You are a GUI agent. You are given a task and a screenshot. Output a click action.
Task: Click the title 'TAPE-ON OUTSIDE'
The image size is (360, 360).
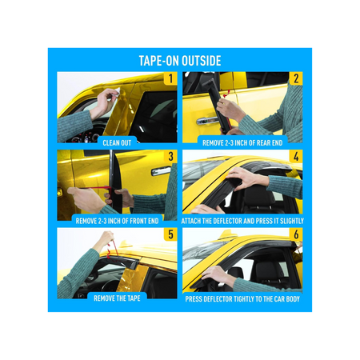pyautogui.click(x=180, y=61)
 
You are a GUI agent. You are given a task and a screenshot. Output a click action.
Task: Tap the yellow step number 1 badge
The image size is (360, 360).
pyautogui.click(x=170, y=78)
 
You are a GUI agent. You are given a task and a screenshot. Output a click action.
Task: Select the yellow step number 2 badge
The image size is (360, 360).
pyautogui.click(x=296, y=78)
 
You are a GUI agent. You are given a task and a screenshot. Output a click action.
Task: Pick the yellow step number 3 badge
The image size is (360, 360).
pyautogui.click(x=170, y=157)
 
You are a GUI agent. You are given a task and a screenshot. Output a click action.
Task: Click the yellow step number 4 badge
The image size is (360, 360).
pyautogui.click(x=296, y=157)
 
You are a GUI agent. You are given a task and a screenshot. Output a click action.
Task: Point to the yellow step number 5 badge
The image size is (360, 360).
pyautogui.click(x=170, y=234)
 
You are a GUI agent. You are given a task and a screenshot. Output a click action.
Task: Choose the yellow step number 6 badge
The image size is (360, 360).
pyautogui.click(x=296, y=234)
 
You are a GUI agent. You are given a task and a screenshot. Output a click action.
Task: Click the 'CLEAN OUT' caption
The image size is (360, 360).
pyautogui.click(x=117, y=143)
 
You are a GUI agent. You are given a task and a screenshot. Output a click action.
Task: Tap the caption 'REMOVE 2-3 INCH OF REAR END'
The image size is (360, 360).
pyautogui.click(x=242, y=143)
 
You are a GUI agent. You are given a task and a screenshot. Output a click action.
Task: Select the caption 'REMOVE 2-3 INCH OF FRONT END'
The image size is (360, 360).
pyautogui.click(x=117, y=221)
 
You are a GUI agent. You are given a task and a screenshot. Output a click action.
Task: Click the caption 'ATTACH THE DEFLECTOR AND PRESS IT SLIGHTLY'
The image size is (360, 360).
pyautogui.click(x=242, y=221)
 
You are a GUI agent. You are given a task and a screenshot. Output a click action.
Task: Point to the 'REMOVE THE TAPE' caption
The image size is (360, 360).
pyautogui.click(x=117, y=298)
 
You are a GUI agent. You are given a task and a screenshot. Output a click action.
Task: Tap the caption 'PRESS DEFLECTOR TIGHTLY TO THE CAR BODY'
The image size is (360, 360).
pyautogui.click(x=242, y=299)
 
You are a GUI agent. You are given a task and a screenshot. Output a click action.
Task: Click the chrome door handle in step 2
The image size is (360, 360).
pyautogui.click(x=207, y=121)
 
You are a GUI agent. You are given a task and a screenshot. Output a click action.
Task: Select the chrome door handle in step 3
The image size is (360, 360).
pyautogui.click(x=161, y=171)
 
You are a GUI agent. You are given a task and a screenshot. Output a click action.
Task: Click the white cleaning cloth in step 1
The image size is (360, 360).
pyautogui.click(x=117, y=91)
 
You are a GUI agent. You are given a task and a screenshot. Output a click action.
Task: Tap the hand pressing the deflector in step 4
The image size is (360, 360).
pyautogui.click(x=242, y=178)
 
